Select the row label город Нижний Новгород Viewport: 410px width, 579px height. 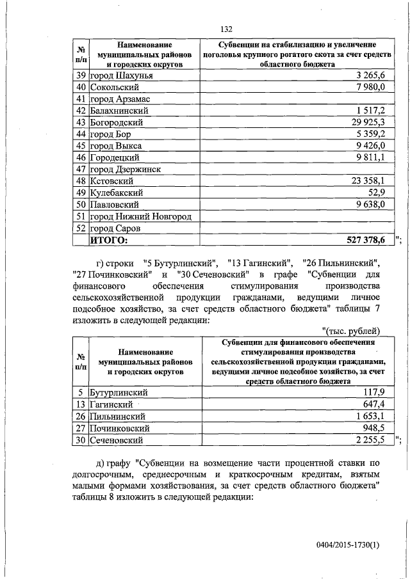[x=140, y=216]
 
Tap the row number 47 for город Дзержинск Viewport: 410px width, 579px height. [x=81, y=169]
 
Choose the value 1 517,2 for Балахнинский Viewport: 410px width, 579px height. [x=368, y=111]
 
